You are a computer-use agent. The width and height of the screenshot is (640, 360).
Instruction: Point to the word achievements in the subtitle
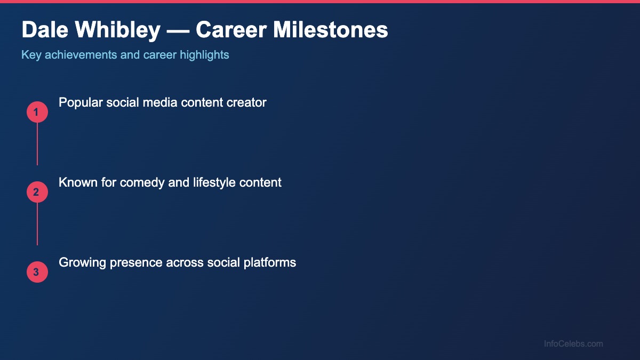[x=84, y=55]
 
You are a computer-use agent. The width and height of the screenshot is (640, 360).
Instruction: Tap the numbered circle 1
[x=37, y=113]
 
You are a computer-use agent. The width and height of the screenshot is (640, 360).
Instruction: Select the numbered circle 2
[x=37, y=193]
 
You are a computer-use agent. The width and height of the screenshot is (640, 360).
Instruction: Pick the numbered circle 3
[x=37, y=273]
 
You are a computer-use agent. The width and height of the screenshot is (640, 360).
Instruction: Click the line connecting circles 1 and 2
[x=37, y=144]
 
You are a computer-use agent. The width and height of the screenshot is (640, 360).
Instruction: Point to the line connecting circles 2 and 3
[x=37, y=224]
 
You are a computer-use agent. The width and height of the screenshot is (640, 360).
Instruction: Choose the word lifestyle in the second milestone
[x=212, y=182]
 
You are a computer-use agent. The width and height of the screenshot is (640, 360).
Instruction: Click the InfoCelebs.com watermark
[x=573, y=344]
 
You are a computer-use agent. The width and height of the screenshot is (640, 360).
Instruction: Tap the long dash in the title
[x=178, y=30]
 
